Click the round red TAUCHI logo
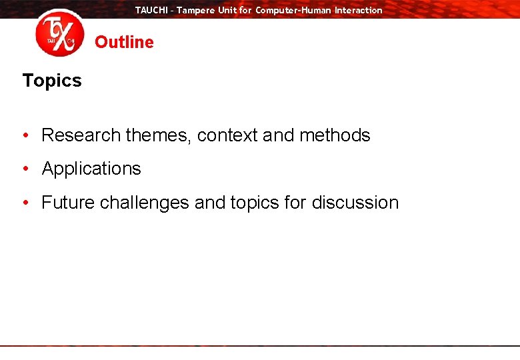(60, 33)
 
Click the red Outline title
(124, 42)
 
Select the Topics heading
(52, 81)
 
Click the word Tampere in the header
(196, 10)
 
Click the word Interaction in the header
(359, 10)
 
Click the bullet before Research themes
(25, 135)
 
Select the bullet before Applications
(25, 169)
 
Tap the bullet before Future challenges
(25, 203)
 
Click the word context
(227, 135)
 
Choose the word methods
(335, 135)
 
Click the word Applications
(91, 169)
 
